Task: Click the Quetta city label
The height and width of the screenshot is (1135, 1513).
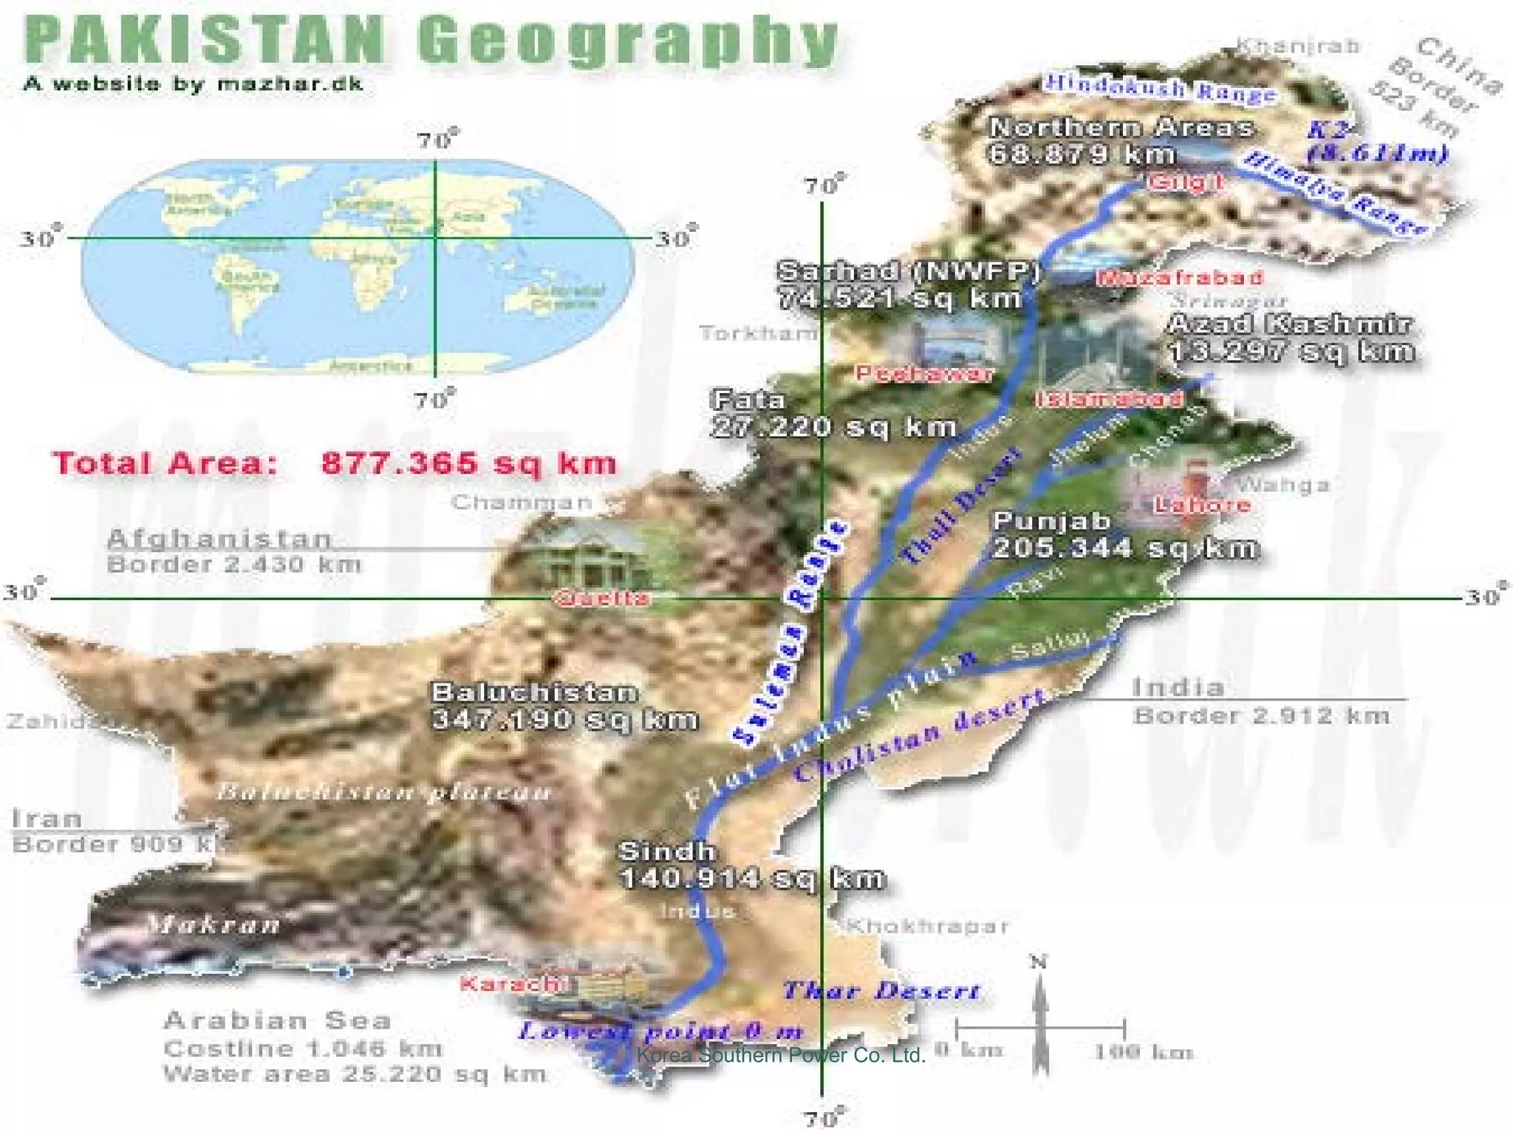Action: coord(601,598)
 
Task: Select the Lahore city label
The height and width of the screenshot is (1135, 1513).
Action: coord(1202,505)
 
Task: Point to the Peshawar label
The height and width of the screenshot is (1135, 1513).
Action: coord(924,374)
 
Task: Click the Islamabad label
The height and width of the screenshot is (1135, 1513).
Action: coord(1109,399)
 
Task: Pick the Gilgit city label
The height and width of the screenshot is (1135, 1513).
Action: coord(1186,182)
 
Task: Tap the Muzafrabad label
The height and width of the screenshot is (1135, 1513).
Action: coord(1180,278)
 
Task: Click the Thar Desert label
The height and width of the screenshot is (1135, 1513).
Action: coord(881,990)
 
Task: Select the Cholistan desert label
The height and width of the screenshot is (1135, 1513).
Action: coord(920,736)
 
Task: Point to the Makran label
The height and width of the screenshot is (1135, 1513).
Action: coord(214,924)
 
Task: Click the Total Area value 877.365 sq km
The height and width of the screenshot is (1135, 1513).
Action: coord(468,463)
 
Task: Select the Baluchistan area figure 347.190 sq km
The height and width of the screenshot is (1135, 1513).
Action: coord(564,719)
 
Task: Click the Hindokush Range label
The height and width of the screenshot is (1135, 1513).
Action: coord(1160,89)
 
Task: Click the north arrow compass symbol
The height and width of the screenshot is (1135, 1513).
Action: coord(1039,1016)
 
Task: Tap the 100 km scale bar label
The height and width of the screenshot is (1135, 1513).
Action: coord(1143,1052)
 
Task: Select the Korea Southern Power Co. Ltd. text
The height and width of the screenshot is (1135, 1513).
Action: coord(780,1055)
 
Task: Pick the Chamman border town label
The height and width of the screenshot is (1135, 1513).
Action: coord(522,502)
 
